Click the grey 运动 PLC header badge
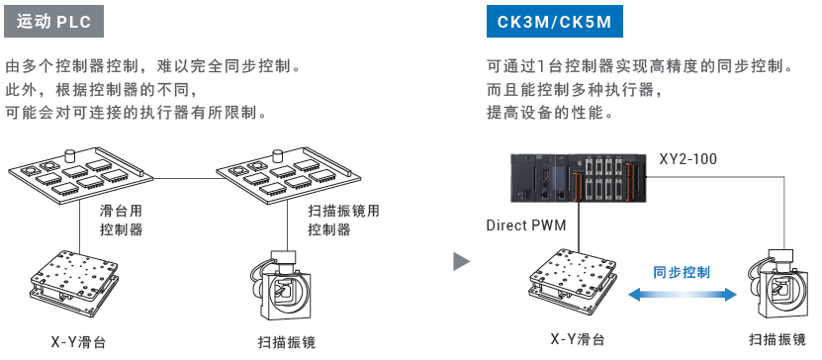tap(53, 22)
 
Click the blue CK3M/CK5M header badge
tap(554, 22)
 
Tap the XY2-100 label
tap(687, 159)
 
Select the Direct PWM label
tap(526, 225)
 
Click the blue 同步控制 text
tap(681, 272)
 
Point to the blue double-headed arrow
tap(682, 295)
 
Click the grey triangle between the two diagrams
tap(461, 261)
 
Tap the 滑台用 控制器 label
tap(121, 221)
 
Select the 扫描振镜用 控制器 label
tap(343, 221)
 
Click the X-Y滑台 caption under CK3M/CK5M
tap(578, 339)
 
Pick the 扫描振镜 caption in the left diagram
tap(287, 343)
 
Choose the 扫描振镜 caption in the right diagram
tap(776, 339)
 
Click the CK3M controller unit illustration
tap(580, 178)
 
